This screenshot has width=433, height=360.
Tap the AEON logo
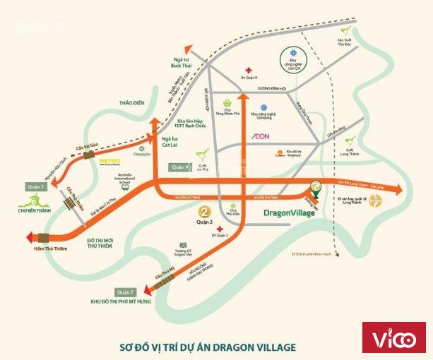[260, 135]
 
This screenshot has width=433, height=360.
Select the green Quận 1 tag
[36, 187]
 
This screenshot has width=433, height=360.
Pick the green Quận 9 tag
[179, 167]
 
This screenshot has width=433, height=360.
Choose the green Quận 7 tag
[126, 292]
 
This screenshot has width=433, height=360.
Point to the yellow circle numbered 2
[203, 211]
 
